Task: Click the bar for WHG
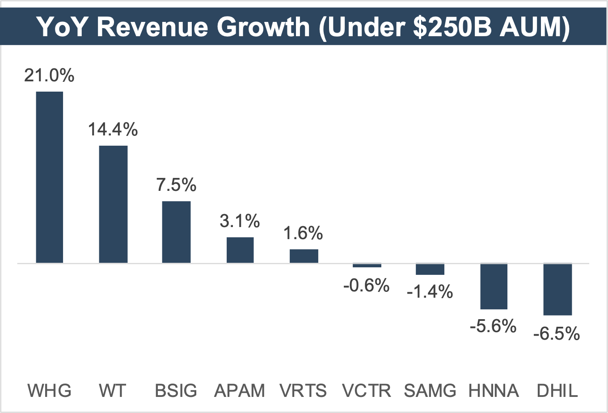point(49,177)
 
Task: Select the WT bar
point(113,204)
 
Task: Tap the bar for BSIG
point(176,232)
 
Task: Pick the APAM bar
point(240,250)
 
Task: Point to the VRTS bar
point(304,256)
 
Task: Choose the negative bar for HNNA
point(494,287)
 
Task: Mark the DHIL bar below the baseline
point(557,290)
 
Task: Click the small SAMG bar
point(430,269)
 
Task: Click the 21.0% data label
point(49,76)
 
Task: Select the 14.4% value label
point(113,130)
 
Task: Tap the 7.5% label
point(176,185)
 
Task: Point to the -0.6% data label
point(367,285)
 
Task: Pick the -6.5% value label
point(557,334)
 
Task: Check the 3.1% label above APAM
point(240,221)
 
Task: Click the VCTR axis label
point(367,391)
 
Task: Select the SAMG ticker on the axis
point(430,391)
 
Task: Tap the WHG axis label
point(49,391)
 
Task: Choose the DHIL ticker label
point(557,391)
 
